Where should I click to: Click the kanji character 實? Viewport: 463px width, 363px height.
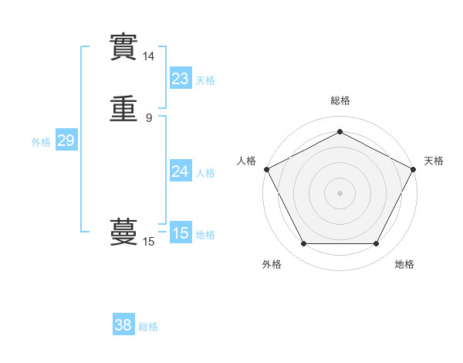tap(123, 48)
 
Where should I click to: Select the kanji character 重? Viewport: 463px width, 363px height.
tap(123, 110)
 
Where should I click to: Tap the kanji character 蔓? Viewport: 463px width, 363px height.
tap(123, 231)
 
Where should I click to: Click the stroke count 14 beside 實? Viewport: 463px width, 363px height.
tap(148, 56)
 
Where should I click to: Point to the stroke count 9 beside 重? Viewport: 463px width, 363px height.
tap(149, 118)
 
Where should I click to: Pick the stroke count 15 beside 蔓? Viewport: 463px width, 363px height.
tap(148, 242)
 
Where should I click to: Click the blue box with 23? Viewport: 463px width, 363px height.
tap(180, 79)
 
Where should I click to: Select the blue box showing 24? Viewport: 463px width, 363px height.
tap(180, 171)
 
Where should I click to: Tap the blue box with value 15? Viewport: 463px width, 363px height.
tap(180, 233)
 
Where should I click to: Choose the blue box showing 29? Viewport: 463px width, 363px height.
tap(66, 141)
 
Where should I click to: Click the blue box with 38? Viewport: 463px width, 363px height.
tap(123, 325)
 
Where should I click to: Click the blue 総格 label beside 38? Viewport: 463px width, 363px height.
tap(148, 327)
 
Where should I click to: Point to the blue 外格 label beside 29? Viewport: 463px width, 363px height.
tap(41, 142)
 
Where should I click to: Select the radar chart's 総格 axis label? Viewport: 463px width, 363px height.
tap(340, 100)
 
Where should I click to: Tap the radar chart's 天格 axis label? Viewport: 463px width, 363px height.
tap(434, 161)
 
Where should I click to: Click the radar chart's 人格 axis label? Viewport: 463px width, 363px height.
tap(246, 161)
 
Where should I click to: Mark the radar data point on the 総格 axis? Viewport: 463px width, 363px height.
tap(340, 131)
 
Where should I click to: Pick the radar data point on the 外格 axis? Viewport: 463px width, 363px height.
tap(303, 244)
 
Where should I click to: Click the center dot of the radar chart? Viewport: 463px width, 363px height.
tap(340, 192)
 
